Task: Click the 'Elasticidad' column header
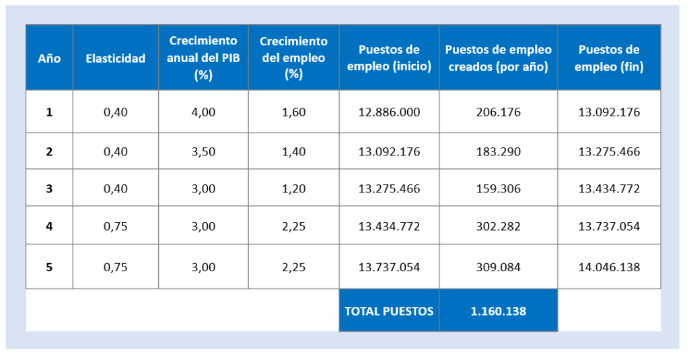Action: tap(115, 59)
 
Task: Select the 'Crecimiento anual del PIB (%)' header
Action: tap(203, 58)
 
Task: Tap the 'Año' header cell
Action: tap(49, 59)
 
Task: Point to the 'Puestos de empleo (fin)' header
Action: tap(609, 58)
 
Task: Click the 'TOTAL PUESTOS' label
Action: tap(389, 311)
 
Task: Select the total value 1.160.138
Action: tap(498, 311)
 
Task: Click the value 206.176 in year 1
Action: tap(498, 112)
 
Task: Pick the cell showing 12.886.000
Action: tap(389, 112)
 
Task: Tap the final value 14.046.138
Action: tap(609, 267)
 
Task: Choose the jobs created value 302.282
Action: tap(498, 227)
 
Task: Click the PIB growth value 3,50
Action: tap(203, 151)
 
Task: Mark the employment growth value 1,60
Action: tap(293, 112)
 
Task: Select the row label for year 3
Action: tap(49, 189)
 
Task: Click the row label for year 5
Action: tap(49, 267)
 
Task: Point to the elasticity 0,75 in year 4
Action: tap(115, 227)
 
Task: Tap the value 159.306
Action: tap(498, 189)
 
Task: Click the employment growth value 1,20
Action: tap(293, 189)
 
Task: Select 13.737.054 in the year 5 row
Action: tap(389, 267)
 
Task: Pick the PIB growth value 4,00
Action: tap(203, 112)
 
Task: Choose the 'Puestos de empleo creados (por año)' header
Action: tap(498, 58)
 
